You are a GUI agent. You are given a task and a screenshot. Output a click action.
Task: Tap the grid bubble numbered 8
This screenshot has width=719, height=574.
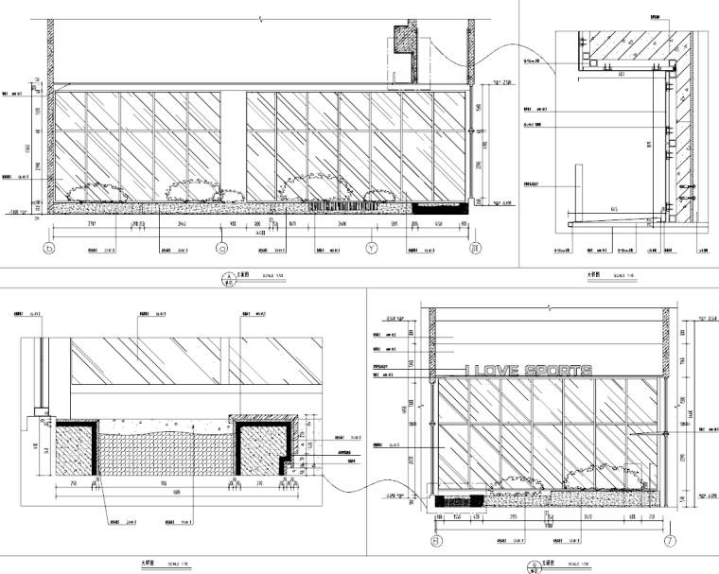[x=436, y=541]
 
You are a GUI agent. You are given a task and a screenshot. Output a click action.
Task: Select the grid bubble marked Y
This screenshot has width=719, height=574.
[x=372, y=250]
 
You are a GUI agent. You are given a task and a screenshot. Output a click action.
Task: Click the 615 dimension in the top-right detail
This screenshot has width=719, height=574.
[x=615, y=209]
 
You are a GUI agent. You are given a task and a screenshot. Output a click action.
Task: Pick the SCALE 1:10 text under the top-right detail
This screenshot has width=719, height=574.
[x=625, y=276]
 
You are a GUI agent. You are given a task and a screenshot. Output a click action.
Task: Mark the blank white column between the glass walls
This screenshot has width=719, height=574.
[x=235, y=142]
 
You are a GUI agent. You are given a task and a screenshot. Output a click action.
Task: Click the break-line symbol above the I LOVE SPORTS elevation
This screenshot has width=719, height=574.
[x=550, y=308]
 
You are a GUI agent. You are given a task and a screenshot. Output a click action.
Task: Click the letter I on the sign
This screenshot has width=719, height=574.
[x=466, y=372]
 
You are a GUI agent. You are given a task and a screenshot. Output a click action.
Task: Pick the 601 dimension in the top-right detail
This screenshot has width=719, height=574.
[x=621, y=73]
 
